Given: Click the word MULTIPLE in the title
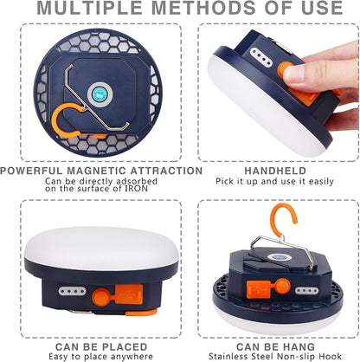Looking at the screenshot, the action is pos(89,8).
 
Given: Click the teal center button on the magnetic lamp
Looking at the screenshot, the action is pos(99,94).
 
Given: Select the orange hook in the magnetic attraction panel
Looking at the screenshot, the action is pos(66,120).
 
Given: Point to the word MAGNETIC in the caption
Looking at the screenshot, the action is pos(97,171).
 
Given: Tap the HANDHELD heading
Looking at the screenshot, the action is pos(275,171).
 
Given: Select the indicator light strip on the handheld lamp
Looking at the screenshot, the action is pos(261,56).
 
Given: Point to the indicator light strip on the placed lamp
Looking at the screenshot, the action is pos(72,291).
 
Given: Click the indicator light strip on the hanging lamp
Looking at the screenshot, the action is pos(306,290).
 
